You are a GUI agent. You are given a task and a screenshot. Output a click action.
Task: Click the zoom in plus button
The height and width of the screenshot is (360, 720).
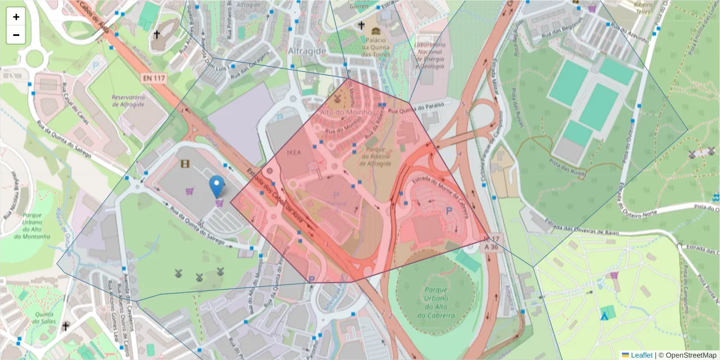point(16,17)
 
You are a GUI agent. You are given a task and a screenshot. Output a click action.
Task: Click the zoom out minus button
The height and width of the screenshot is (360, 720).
point(16,35)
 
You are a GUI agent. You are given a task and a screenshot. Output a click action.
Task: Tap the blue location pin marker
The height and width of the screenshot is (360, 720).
point(217,186)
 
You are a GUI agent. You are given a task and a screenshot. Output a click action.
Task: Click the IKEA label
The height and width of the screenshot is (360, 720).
point(294,152)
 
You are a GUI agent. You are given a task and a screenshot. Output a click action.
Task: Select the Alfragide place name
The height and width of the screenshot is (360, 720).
point(307,51)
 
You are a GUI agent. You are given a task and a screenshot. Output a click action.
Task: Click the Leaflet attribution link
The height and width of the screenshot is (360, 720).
point(641,355)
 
